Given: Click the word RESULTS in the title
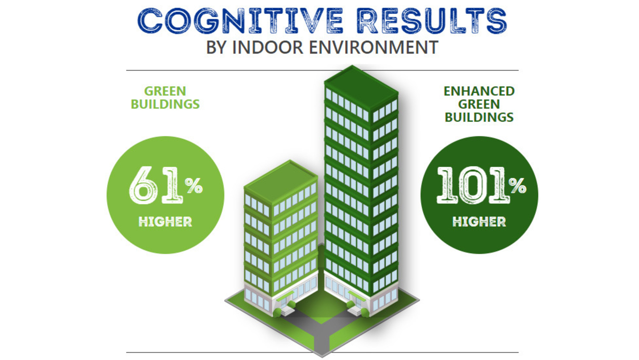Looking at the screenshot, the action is (x=432, y=21).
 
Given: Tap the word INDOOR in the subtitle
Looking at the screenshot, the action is (x=268, y=47).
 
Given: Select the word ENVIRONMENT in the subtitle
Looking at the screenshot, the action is (x=373, y=47).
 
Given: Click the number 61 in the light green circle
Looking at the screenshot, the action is (x=156, y=185).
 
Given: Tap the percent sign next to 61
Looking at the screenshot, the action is (x=194, y=185).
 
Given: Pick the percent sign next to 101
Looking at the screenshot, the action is (x=517, y=185).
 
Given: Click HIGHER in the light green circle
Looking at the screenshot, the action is (x=165, y=222).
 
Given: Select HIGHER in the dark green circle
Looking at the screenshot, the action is (x=479, y=222).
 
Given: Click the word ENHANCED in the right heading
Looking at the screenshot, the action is (x=479, y=91).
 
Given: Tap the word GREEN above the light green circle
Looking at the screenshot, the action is (x=165, y=91).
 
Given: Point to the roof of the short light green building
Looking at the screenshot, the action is (x=281, y=181).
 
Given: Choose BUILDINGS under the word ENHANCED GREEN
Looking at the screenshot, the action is (x=479, y=117).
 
